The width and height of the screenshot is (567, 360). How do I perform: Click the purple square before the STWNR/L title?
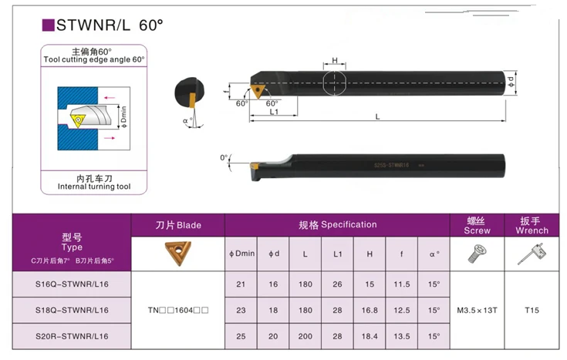tap(47, 25)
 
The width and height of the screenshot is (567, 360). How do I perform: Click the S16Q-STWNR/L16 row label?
tap(72, 284)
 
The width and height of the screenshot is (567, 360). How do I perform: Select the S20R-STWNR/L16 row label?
tap(72, 337)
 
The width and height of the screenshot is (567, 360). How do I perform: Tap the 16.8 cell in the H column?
tap(370, 311)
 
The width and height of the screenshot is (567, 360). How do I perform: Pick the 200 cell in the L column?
tap(306, 337)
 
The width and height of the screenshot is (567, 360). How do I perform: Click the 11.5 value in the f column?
tap(401, 284)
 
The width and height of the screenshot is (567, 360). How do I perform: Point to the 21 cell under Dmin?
tap(241, 284)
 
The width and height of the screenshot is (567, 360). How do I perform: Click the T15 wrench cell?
tap(532, 311)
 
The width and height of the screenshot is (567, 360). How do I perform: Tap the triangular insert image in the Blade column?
tap(178, 253)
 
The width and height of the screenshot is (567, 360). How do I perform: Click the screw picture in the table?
tap(477, 253)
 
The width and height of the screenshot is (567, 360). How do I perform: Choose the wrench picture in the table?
tap(532, 253)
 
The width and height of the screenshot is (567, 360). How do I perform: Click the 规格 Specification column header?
tap(338, 224)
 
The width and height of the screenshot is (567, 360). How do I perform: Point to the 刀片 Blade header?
tap(178, 225)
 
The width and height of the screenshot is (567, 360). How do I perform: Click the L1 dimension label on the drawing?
tap(275, 113)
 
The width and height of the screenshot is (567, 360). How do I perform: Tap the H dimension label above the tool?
tap(336, 60)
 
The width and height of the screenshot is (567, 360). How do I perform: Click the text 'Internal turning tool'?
tap(94, 187)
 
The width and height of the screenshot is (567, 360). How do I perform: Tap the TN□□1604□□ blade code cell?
tap(178, 311)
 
